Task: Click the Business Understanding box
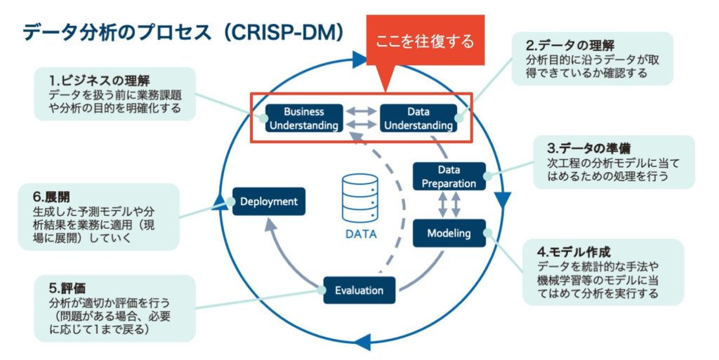tap(303, 118)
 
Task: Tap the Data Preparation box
tap(449, 176)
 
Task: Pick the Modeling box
tap(449, 233)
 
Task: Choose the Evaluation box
tap(359, 290)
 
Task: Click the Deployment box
tap(269, 201)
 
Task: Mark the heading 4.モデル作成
tap(574, 251)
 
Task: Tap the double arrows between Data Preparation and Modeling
tap(449, 205)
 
